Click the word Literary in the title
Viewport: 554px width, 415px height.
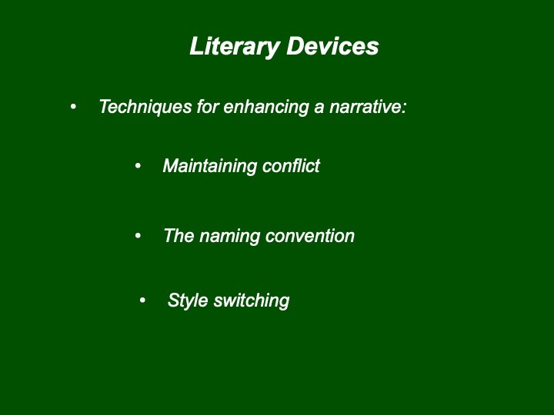(235, 47)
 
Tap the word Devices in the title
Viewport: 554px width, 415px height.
(332, 46)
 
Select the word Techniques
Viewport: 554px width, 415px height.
(145, 107)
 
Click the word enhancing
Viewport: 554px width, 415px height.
(266, 108)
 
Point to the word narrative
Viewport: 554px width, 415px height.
(365, 107)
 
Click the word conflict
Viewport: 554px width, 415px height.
(291, 165)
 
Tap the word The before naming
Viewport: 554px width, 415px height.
(179, 235)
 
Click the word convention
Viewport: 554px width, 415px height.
(310, 236)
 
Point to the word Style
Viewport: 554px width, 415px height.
(188, 300)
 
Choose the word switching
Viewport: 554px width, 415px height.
(252, 301)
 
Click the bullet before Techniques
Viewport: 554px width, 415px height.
(73, 106)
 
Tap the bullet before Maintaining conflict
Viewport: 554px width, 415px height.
(138, 165)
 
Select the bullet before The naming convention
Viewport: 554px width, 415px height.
(138, 235)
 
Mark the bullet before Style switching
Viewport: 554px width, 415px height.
(142, 300)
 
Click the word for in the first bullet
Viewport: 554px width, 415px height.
(208, 107)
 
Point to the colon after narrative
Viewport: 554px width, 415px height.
(404, 108)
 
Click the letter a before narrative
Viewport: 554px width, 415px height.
(319, 108)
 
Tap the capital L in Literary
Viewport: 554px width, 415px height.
(197, 46)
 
